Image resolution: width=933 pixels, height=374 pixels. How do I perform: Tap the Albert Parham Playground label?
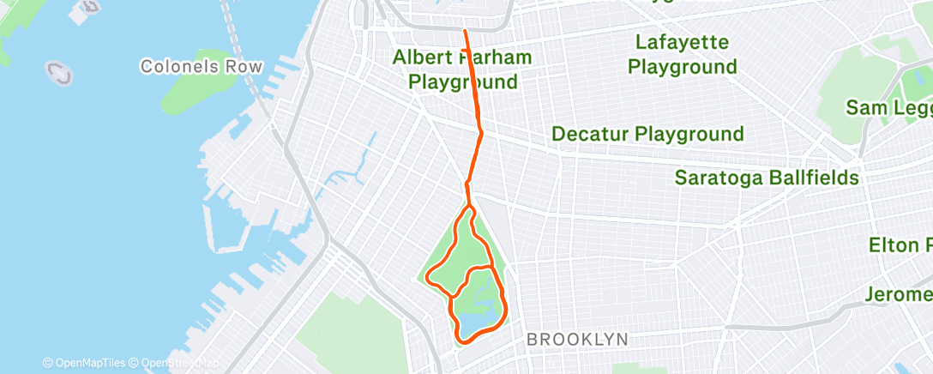462,70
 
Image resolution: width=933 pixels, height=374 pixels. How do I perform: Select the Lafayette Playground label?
682,54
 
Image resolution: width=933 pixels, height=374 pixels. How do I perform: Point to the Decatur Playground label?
647,134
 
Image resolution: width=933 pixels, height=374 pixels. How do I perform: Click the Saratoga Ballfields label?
767,178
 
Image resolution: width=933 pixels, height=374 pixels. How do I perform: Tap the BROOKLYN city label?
576,340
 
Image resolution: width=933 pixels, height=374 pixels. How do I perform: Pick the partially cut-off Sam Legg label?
888,107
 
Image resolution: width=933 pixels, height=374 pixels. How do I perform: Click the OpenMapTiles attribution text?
85,364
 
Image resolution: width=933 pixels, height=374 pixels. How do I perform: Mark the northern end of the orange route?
466,31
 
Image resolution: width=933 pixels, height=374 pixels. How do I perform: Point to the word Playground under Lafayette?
682,66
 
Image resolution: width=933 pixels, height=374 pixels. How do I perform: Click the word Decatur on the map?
587,134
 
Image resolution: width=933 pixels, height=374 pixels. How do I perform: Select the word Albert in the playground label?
421,58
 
